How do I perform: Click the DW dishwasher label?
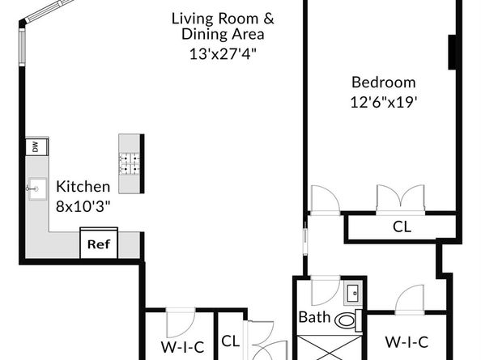(36, 147)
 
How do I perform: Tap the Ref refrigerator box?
(99, 243)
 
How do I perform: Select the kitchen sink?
(37, 189)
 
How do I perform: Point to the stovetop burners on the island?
(129, 163)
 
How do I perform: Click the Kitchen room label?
(83, 187)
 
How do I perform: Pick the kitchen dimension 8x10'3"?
(83, 206)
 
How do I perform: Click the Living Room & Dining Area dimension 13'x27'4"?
(223, 54)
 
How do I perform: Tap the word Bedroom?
(384, 82)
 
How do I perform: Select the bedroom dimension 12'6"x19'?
(384, 102)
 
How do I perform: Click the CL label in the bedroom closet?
(402, 227)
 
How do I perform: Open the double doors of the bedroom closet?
(401, 199)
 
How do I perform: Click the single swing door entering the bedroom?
(326, 199)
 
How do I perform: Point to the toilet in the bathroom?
(348, 320)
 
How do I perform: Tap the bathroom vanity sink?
(354, 294)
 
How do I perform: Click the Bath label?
(314, 317)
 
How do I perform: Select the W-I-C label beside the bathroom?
(407, 342)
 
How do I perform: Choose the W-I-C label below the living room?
(182, 347)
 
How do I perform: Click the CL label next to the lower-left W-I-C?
(230, 341)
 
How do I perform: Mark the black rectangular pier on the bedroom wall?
(452, 52)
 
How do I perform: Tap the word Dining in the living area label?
(205, 34)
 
